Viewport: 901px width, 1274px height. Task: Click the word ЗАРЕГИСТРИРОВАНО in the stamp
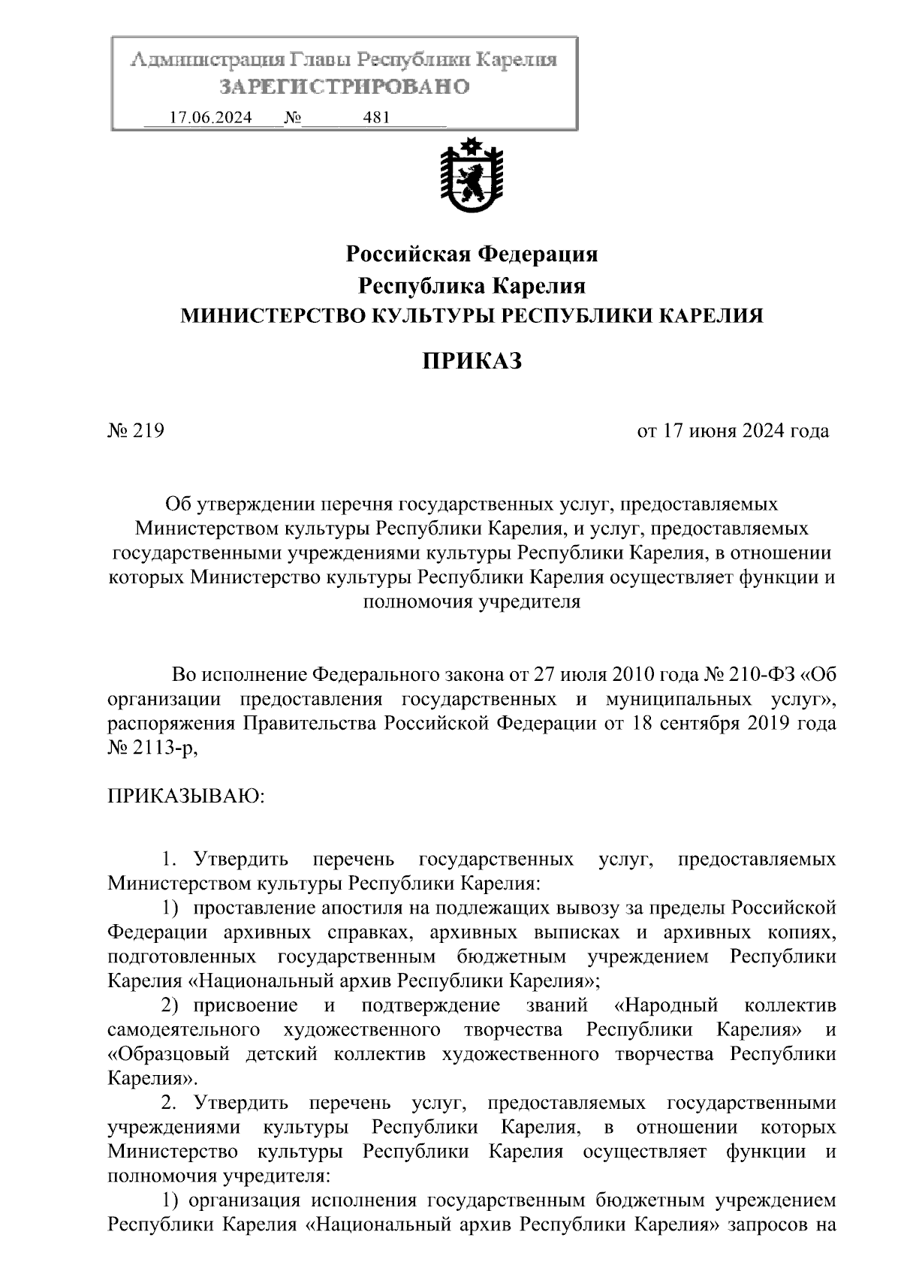[344, 87]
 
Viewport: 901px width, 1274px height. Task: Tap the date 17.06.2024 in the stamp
[210, 118]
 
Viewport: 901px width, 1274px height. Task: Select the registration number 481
[375, 118]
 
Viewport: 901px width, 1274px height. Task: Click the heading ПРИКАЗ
[471, 362]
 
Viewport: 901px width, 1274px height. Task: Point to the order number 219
[148, 431]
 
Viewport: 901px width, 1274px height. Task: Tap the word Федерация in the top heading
[538, 254]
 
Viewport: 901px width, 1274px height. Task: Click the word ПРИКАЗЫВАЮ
[186, 796]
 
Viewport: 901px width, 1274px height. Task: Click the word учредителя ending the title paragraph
[529, 601]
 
